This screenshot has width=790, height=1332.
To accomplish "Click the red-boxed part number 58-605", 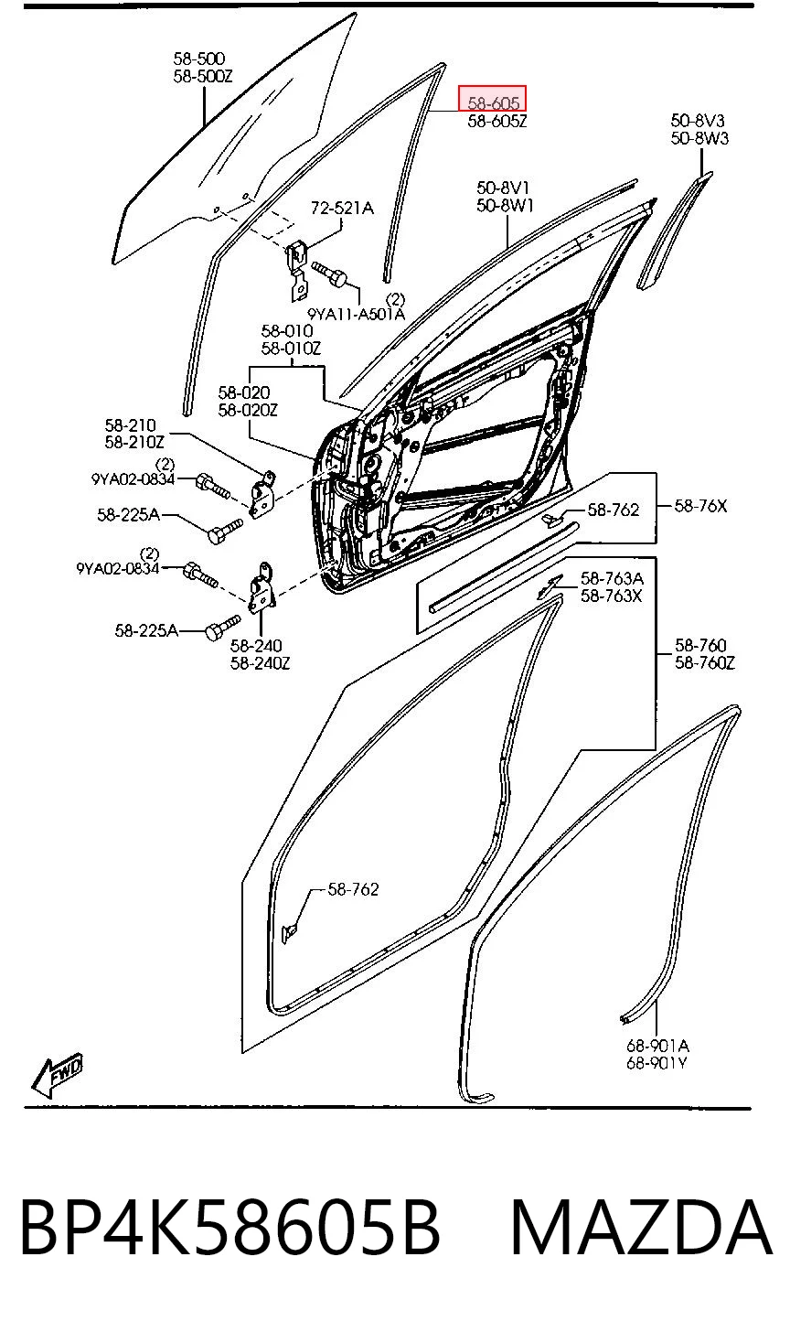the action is coord(492,102).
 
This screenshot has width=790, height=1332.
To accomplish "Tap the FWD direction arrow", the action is coord(57,1075).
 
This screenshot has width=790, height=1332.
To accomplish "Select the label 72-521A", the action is coord(342,208).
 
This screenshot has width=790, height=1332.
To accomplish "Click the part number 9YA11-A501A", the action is coord(356,313).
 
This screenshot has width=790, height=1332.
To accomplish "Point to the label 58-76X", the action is coord(700,506).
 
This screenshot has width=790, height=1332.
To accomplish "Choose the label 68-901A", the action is coord(657,1045).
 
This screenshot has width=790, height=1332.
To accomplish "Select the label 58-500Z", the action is coord(203,76).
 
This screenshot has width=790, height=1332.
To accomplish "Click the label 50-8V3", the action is coord(698,121).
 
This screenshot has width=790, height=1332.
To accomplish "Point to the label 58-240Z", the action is coord(260,663).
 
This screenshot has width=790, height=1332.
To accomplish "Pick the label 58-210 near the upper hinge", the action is coord(130,425).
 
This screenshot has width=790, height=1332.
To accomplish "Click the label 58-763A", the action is coord(612,578).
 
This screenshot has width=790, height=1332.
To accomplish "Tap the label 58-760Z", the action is coord(704,662).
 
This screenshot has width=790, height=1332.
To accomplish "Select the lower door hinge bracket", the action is coord(262,587).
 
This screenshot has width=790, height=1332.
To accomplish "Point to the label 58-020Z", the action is coord(247,410).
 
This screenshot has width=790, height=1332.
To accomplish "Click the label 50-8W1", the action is coord(505,206).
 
